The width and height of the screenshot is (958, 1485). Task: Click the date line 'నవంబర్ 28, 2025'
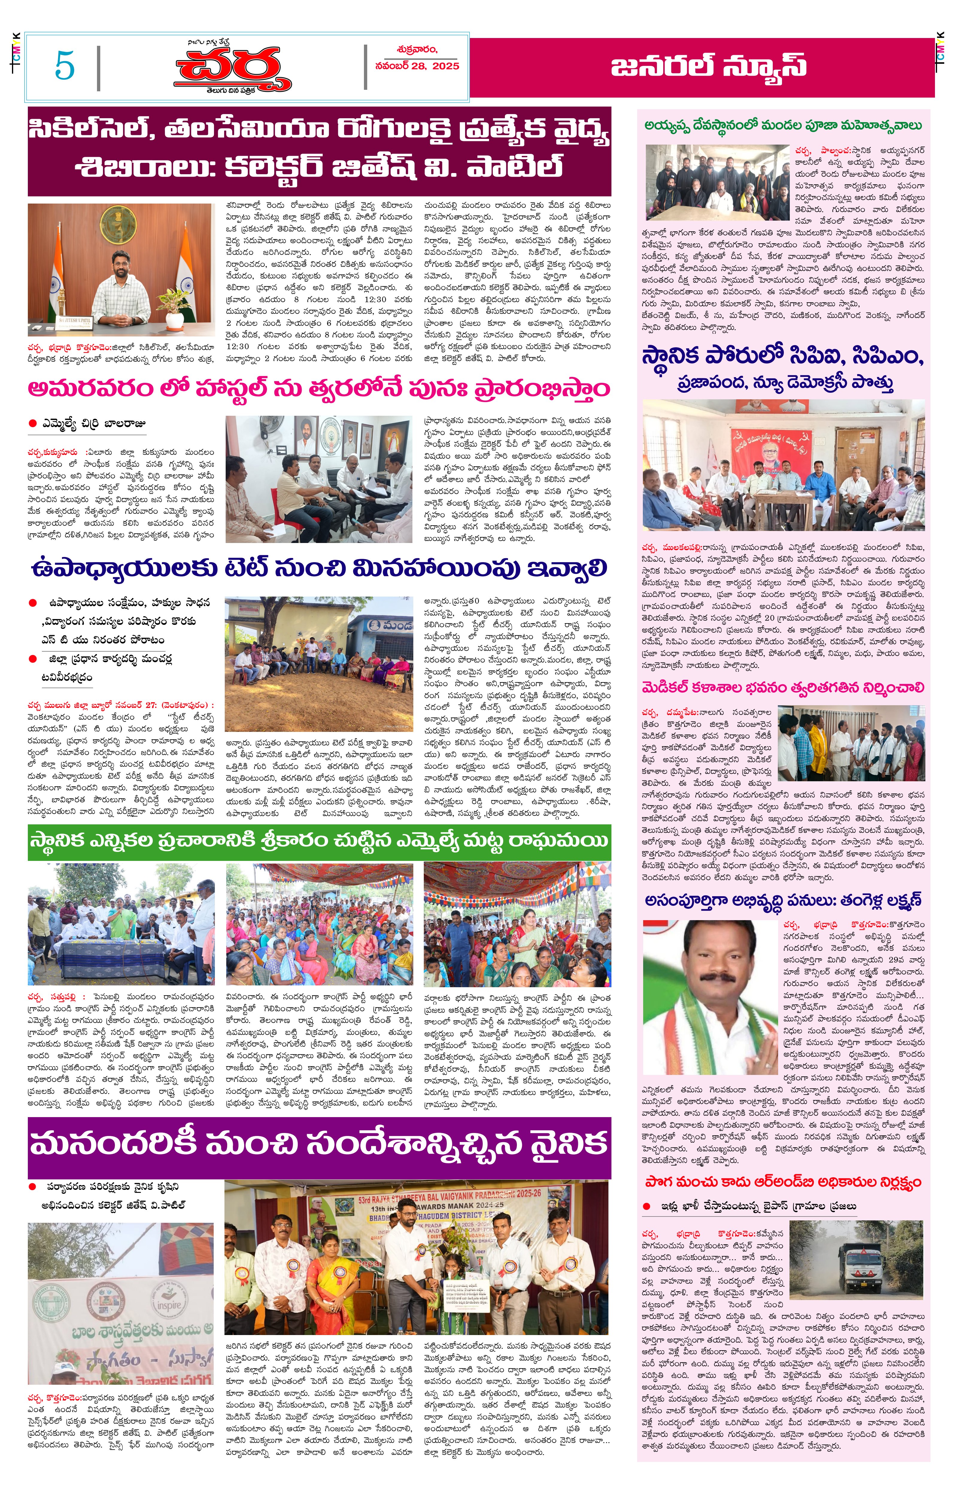(x=417, y=66)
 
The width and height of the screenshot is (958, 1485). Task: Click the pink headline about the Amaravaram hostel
(x=318, y=389)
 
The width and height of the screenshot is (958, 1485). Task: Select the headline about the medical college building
(x=783, y=688)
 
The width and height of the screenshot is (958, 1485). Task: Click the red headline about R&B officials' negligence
(x=783, y=1182)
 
